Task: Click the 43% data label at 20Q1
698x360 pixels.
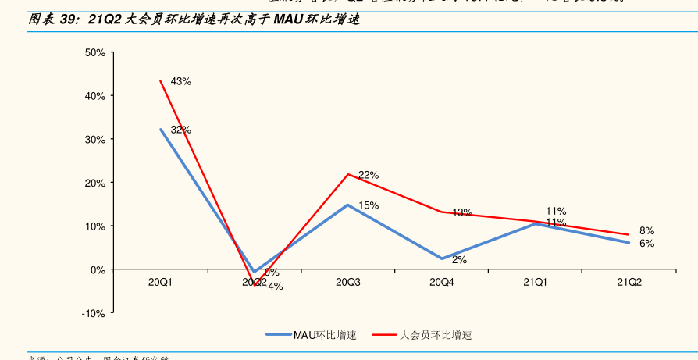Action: tap(180, 81)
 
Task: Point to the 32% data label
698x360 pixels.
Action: tap(180, 130)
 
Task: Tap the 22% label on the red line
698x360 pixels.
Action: tap(369, 176)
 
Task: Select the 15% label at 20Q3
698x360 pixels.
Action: tap(369, 205)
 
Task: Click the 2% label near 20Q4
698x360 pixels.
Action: tap(459, 260)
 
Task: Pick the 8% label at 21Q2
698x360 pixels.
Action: tap(646, 231)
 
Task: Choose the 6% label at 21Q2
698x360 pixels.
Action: tap(646, 244)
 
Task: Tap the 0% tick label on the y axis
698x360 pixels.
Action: tap(98, 270)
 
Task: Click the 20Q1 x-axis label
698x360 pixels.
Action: tap(160, 282)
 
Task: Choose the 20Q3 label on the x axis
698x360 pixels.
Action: tap(348, 282)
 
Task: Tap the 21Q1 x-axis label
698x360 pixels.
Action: tap(535, 282)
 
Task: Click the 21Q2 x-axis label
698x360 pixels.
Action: tap(629, 282)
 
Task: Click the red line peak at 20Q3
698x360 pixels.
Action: tap(348, 174)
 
